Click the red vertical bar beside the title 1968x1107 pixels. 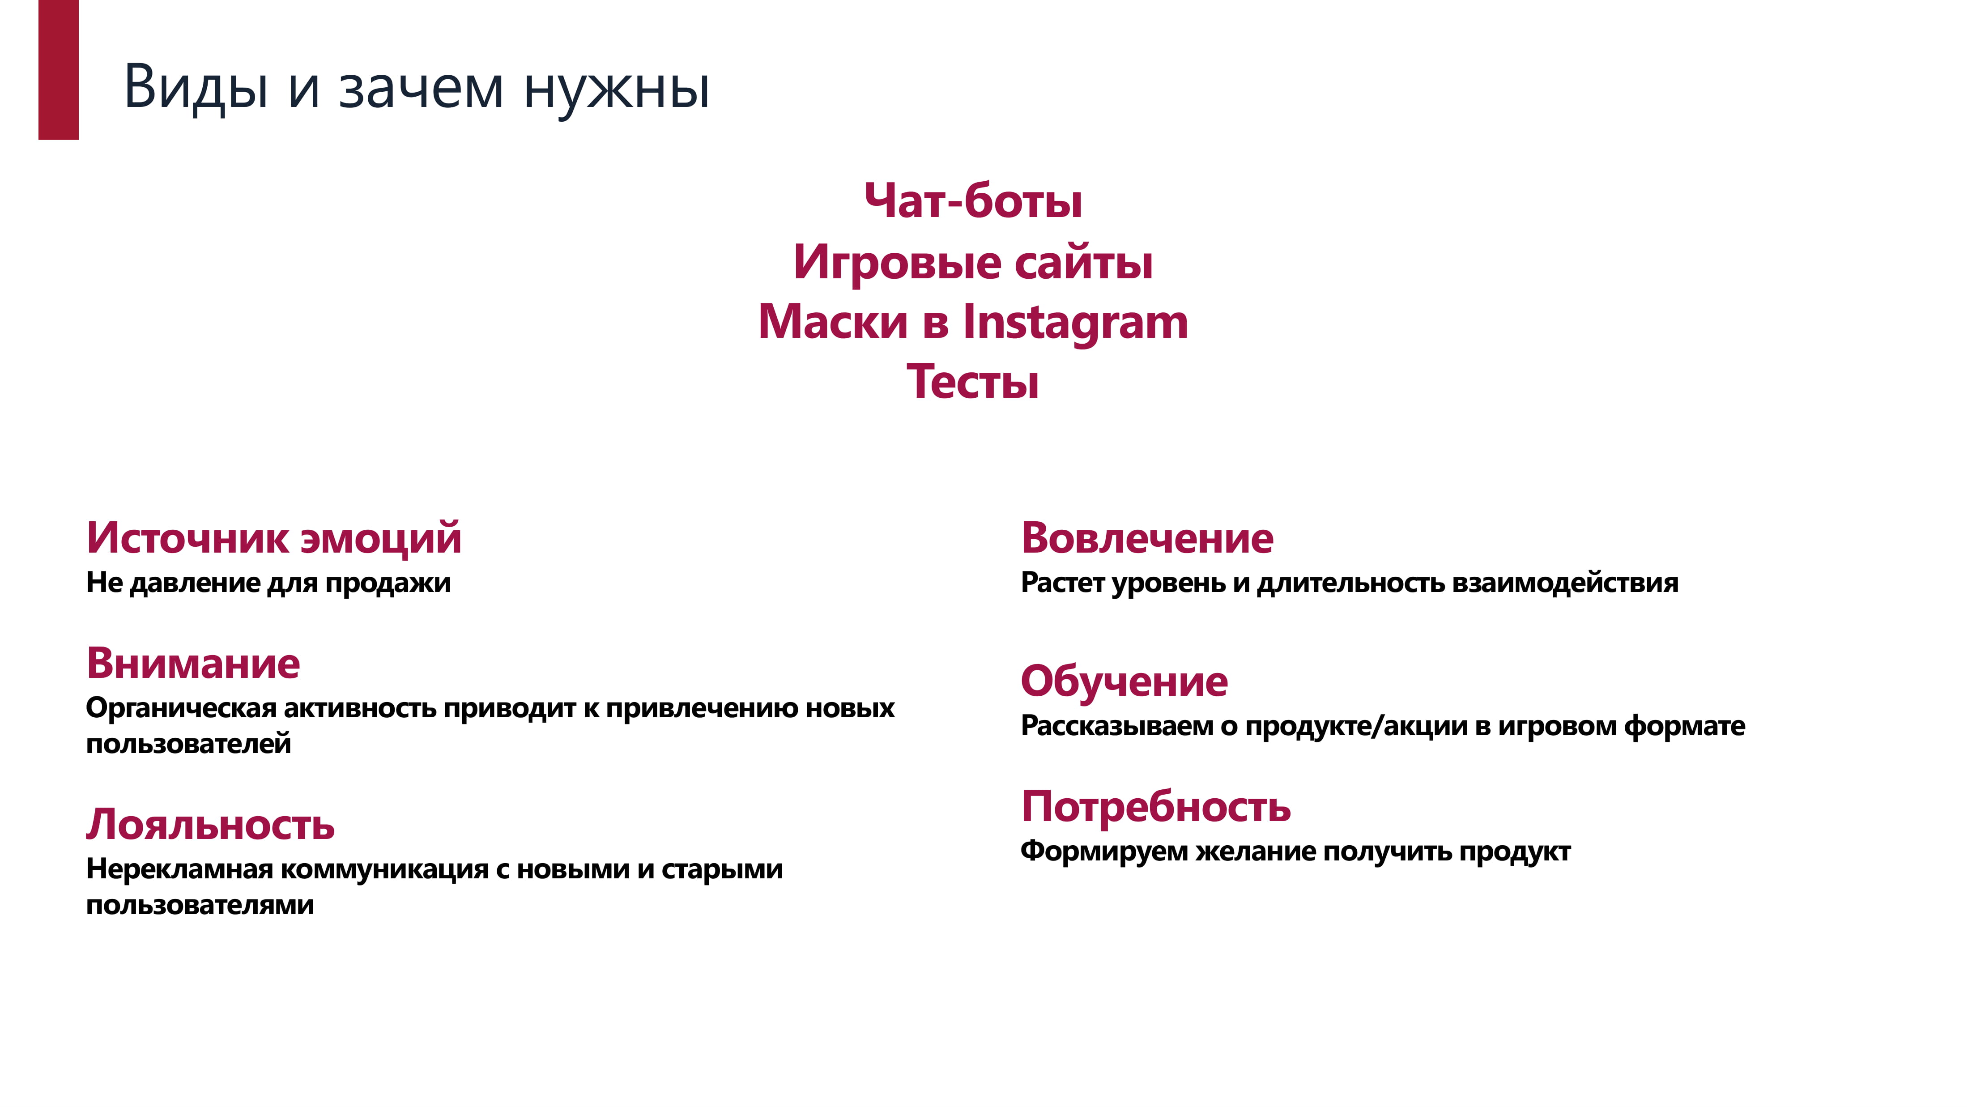58,69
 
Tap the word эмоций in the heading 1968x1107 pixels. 381,539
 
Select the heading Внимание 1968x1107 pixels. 193,663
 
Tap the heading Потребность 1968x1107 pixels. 1156,807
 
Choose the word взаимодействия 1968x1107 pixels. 1565,583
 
